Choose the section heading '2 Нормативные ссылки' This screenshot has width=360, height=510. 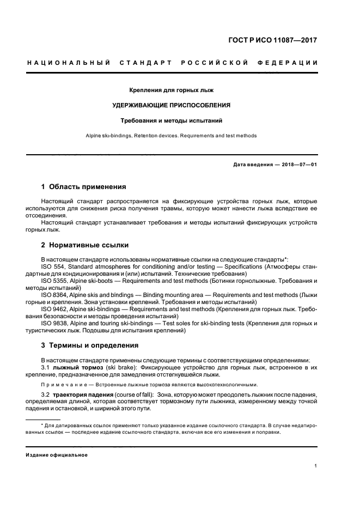pos(85,245)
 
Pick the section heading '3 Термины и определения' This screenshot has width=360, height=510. pos(90,345)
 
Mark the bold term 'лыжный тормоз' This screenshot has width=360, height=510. pos(75,367)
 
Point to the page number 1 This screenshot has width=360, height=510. pos(316,466)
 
